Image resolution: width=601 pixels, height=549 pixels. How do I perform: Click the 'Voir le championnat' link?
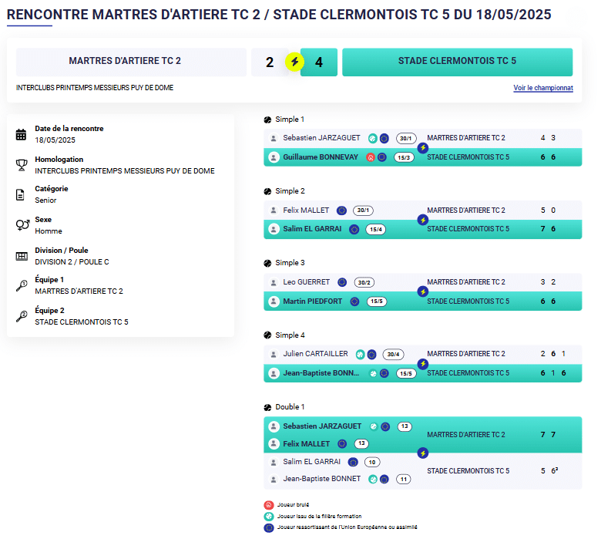tap(543, 88)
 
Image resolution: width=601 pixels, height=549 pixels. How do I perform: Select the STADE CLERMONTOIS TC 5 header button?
tap(457, 62)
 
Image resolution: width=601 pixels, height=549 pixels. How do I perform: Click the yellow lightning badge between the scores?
tap(294, 62)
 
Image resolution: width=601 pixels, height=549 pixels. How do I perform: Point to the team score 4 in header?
tap(319, 62)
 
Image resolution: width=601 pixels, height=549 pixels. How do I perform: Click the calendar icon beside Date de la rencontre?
tap(21, 135)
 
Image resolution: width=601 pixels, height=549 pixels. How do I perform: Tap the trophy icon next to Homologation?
tap(21, 165)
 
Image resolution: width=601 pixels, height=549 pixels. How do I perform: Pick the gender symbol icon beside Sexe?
tap(21, 225)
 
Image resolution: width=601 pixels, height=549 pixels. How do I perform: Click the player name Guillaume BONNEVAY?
tap(321, 157)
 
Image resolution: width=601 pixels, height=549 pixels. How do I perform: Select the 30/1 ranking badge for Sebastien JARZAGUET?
tap(406, 138)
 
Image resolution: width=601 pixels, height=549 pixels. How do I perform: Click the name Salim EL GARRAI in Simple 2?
tap(312, 229)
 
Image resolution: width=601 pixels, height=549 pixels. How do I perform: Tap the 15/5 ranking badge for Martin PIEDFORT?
tap(377, 301)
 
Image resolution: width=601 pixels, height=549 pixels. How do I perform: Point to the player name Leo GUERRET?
tap(306, 282)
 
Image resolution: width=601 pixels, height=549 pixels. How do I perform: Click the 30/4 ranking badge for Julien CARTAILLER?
tap(393, 355)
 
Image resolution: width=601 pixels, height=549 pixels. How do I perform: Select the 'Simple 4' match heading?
tap(290, 335)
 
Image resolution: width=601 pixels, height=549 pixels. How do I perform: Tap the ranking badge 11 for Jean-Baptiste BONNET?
tap(403, 479)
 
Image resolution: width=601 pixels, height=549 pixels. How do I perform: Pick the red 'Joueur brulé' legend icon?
tap(268, 505)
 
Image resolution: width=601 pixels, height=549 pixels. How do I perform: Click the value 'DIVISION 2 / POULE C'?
tap(72, 262)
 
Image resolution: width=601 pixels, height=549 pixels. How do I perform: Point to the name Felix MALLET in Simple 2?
tap(306, 211)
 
